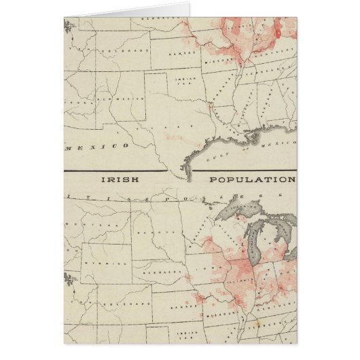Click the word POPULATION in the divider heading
click(252, 180)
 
